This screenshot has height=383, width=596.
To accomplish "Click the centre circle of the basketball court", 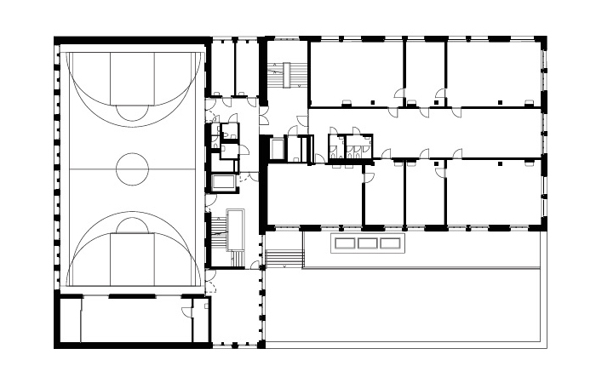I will pos(132,169).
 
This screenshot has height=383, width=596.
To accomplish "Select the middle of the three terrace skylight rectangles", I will pos(367,243).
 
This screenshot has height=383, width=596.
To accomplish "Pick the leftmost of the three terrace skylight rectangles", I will pos(345,243).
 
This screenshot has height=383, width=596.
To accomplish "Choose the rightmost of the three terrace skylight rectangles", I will pos(389,243).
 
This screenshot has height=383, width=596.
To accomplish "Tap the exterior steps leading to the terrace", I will pos(284,256).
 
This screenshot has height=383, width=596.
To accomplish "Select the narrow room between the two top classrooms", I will pos(424,72).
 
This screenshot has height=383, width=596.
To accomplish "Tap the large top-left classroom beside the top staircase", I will pos(355,72).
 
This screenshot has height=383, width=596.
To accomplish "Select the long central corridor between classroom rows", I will pos(426,132).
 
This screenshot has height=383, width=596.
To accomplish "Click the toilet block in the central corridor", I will pos(350,147).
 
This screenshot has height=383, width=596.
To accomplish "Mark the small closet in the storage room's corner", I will pos(201,320).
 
